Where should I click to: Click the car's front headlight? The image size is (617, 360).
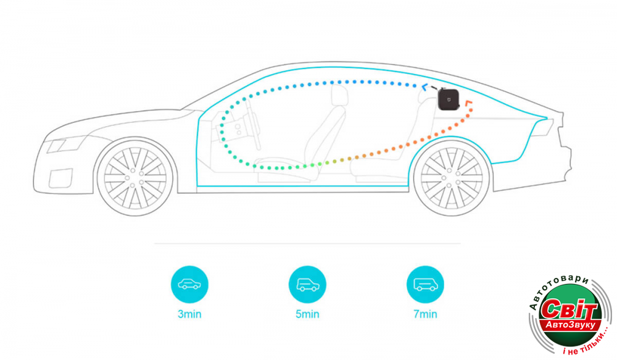(57, 146)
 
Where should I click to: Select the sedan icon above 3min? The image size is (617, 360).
(189, 284)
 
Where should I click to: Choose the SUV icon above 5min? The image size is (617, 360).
(307, 284)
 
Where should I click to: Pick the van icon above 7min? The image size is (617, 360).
(425, 284)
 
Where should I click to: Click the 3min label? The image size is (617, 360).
(189, 314)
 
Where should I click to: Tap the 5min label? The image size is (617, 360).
(307, 314)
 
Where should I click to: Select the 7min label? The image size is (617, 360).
(425, 314)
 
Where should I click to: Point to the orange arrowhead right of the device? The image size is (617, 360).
(469, 102)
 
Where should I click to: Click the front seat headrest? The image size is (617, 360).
(339, 95)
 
